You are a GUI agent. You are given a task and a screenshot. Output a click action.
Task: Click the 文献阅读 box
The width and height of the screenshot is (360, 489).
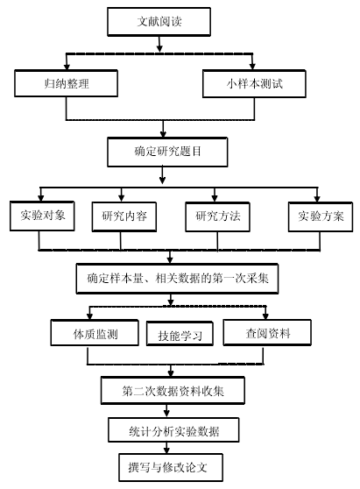[159, 22]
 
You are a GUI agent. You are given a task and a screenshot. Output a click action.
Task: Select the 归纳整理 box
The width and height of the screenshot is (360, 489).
[66, 83]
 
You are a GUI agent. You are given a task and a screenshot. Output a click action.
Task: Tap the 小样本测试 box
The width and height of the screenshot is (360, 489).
[254, 84]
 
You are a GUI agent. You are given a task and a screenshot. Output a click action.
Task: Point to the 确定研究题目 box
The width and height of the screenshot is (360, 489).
[167, 152]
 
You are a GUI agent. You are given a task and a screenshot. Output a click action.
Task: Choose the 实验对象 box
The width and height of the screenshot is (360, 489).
[42, 216]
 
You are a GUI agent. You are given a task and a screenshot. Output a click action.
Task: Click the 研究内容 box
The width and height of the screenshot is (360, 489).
[124, 216]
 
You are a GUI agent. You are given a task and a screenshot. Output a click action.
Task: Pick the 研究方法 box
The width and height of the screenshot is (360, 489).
[217, 216]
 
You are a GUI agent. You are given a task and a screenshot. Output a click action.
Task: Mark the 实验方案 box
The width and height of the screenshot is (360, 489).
[321, 216]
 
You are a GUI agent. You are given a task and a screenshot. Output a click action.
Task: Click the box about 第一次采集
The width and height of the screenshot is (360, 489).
[177, 279]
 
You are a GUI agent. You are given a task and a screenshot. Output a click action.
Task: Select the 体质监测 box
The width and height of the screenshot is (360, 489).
[95, 333]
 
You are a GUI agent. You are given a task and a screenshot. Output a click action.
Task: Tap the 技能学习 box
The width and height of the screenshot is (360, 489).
[180, 334]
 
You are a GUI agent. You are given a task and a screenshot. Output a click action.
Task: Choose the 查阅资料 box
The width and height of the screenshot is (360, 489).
[267, 332]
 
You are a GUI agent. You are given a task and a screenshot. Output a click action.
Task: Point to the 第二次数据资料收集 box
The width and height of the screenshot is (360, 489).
[173, 391]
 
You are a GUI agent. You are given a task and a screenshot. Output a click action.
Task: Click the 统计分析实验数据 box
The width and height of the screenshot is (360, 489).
[173, 430]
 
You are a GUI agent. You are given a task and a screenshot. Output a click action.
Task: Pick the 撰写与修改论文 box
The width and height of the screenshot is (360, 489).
[171, 467]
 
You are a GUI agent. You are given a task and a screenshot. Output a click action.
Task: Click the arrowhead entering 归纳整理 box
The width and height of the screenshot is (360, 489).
[67, 67]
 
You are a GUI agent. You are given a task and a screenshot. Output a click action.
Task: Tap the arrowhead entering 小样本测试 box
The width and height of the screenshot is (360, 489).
[252, 67]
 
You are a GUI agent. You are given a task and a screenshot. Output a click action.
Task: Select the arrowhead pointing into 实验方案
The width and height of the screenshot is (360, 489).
[317, 199]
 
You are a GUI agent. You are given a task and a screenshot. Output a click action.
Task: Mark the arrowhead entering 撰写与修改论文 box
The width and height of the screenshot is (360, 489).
[166, 450]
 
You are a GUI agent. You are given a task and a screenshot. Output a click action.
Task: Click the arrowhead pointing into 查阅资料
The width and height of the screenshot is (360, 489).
[265, 316]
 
